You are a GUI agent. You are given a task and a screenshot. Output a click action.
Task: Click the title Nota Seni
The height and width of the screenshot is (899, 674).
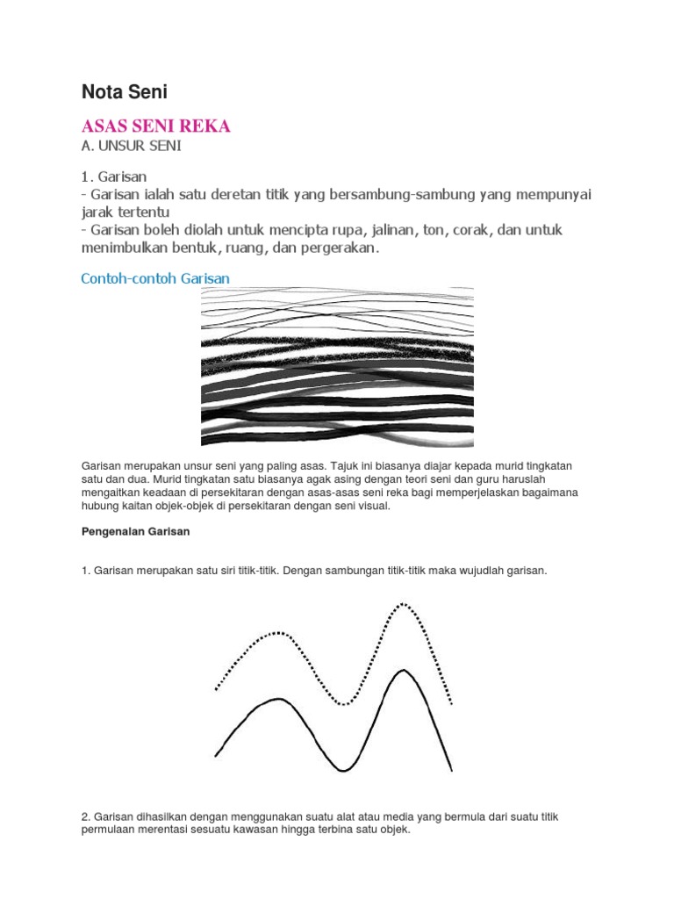[125, 91]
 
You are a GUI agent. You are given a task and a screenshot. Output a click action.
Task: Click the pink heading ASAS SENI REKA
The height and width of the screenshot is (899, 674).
[155, 126]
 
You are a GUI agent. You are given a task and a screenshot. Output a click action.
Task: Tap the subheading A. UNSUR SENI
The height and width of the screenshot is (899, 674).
[131, 146]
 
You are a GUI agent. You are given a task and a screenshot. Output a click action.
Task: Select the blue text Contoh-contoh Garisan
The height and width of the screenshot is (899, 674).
[155, 278]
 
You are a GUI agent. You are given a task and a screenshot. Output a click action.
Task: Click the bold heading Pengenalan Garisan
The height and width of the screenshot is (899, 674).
[134, 532]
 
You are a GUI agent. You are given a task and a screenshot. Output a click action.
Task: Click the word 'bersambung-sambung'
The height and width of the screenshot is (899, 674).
[412, 194]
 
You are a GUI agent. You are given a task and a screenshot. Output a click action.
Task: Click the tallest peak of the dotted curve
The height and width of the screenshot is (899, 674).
[403, 604]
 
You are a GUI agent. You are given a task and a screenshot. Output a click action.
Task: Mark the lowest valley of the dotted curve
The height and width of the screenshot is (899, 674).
[345, 703]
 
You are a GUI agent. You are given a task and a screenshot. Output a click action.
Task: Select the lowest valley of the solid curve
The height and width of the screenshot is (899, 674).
[343, 770]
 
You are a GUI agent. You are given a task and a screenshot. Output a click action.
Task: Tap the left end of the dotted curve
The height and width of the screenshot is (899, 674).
[216, 689]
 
